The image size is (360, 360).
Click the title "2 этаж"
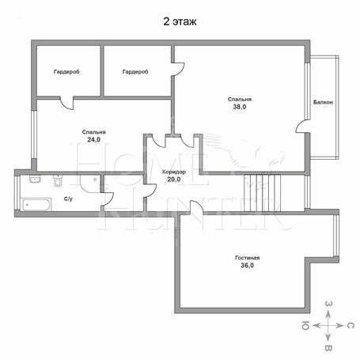tap(180, 21)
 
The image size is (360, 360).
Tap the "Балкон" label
tap(323, 102)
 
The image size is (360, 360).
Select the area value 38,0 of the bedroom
tap(240, 107)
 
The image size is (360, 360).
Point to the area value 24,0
tap(93, 139)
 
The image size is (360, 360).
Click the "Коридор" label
tap(174, 172)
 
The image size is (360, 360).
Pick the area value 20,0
tap(174, 180)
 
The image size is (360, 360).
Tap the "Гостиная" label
tap(247, 258)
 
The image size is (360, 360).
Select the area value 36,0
tap(247, 265)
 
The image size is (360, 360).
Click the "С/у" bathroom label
tap(68, 199)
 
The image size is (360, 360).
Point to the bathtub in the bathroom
tap(36, 205)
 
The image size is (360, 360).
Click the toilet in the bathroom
tap(58, 180)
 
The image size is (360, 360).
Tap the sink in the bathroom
tap(35, 179)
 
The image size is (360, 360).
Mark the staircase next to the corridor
tap(262, 193)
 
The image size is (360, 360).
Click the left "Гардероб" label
tap(66, 72)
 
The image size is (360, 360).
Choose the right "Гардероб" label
tap(135, 72)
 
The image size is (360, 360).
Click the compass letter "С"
tap(350, 326)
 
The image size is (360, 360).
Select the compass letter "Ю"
tap(305, 326)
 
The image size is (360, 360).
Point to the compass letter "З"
tap(328, 304)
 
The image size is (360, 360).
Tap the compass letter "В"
tap(328, 348)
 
